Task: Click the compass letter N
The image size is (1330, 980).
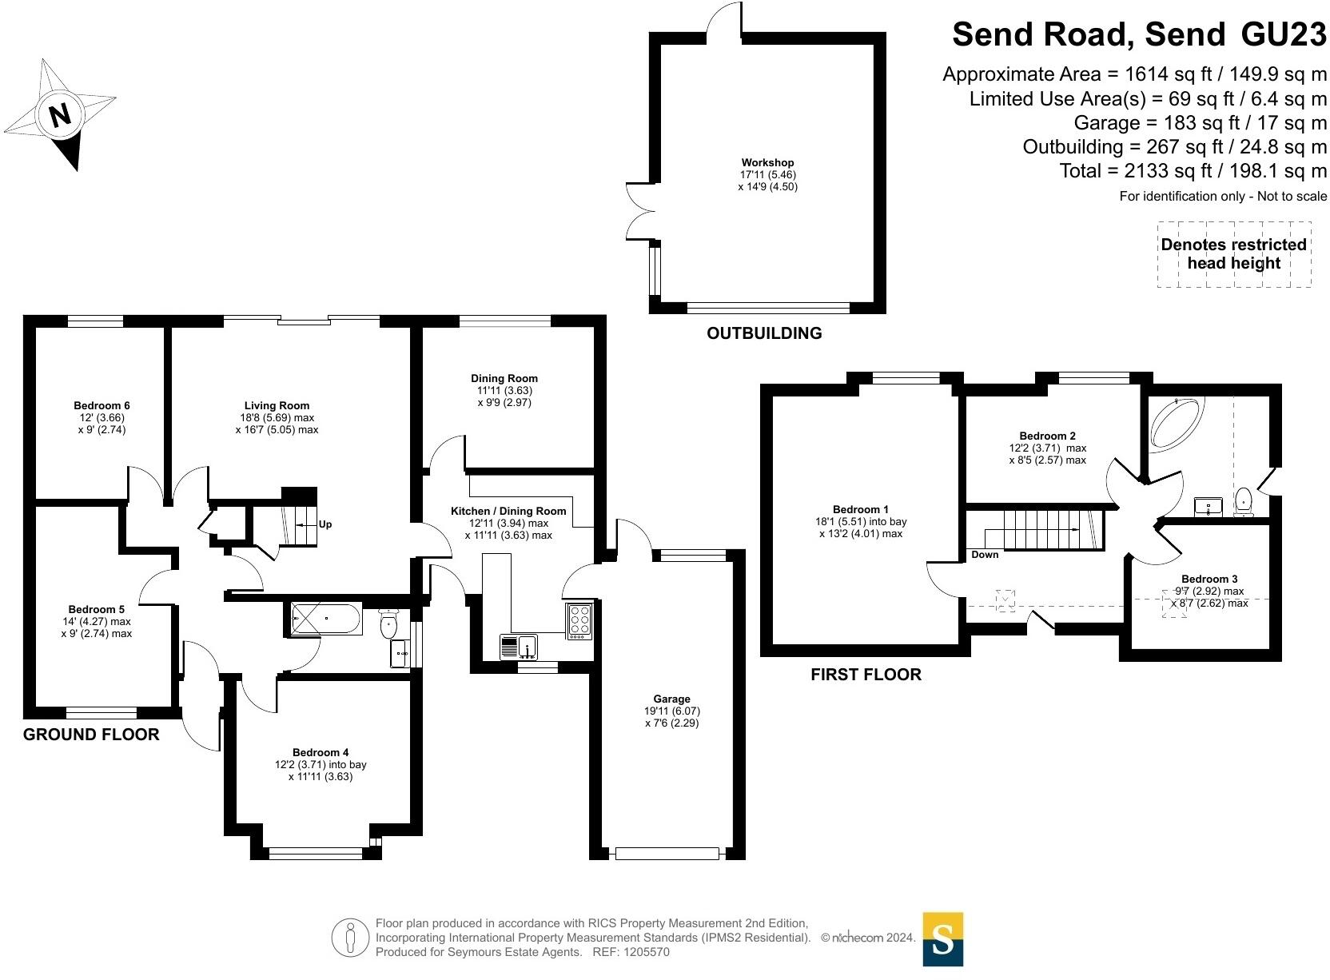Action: (60, 115)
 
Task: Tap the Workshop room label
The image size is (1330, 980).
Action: (767, 163)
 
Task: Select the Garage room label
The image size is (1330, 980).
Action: (671, 699)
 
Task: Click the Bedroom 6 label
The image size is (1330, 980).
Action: (102, 405)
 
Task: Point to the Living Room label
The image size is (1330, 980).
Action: (277, 405)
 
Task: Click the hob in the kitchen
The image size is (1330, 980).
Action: (580, 620)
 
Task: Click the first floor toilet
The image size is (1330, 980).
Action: (1244, 502)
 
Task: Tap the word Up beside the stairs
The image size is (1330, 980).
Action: (325, 524)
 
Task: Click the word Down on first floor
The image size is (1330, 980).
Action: (985, 555)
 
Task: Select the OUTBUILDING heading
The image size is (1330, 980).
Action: (764, 333)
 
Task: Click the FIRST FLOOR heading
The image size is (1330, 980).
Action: (866, 675)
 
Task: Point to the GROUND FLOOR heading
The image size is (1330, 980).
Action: (91, 735)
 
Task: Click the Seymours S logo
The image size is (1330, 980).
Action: (942, 939)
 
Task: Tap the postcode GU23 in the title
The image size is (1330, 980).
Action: (1283, 34)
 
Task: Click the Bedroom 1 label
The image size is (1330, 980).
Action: (860, 509)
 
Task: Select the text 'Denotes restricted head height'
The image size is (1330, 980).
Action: (1233, 254)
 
